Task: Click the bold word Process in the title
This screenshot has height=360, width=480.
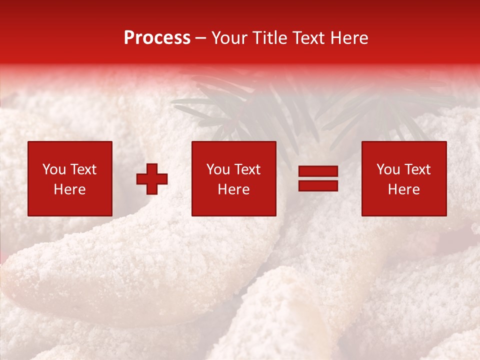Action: pyautogui.click(x=157, y=38)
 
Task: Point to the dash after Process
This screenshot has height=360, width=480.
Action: pyautogui.click(x=201, y=38)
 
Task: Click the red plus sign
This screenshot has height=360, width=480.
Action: pyautogui.click(x=152, y=178)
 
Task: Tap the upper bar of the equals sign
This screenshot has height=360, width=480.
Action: pyautogui.click(x=318, y=171)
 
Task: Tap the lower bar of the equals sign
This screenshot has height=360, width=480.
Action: pyautogui.click(x=318, y=185)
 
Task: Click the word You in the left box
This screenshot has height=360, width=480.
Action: pyautogui.click(x=54, y=169)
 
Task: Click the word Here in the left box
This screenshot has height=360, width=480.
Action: pyautogui.click(x=70, y=189)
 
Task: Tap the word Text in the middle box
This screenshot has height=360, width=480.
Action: pyautogui.click(x=247, y=169)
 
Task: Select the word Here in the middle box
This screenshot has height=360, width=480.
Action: pyautogui.click(x=234, y=189)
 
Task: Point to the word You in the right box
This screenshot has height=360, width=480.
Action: pyautogui.click(x=388, y=169)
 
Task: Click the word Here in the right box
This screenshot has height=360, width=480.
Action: pyautogui.click(x=404, y=189)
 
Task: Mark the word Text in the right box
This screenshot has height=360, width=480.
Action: pyautogui.click(x=417, y=169)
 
